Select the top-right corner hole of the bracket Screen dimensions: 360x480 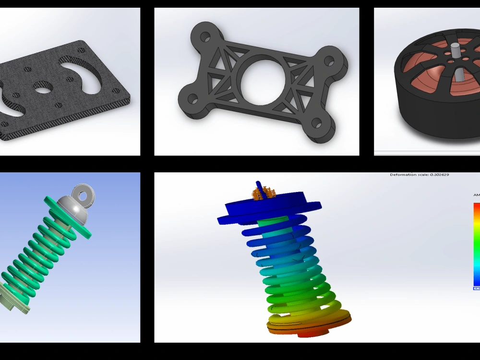pos(329,61)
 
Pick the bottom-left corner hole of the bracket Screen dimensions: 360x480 pos(192,99)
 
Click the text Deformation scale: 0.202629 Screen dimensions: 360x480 pos(419,175)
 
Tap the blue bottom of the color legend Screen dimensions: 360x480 pos(476,281)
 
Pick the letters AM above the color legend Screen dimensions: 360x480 pos(476,195)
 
